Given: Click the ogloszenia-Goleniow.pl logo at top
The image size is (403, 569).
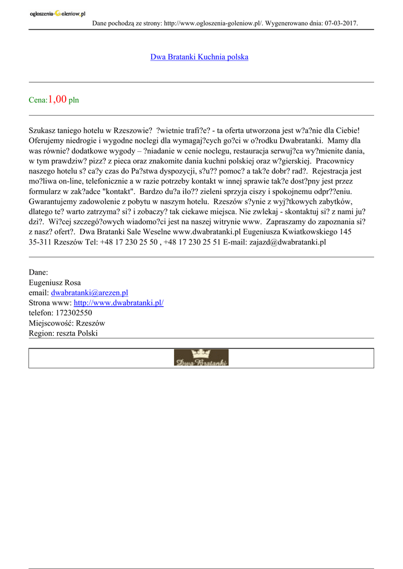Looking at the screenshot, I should point(57,14).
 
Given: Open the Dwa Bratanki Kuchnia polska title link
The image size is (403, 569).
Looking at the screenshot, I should point(199,57).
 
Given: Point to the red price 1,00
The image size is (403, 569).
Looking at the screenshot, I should point(57,99).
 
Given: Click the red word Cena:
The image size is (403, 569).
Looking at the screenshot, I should point(38,101).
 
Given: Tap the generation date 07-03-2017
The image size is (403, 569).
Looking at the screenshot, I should point(340,23).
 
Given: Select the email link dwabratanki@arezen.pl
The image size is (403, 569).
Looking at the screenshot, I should point(89,292).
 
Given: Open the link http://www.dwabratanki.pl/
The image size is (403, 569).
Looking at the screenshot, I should point(118,303).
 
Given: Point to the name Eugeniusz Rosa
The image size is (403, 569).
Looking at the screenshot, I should point(54,282).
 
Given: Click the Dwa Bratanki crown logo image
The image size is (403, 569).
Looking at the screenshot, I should point(201,357).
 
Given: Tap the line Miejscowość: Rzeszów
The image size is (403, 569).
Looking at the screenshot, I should point(67,323).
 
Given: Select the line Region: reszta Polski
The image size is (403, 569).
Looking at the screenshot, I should point(63,333).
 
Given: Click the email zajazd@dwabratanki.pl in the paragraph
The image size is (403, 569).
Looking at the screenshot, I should point(287,242).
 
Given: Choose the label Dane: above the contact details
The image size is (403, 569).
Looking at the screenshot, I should point(38,272).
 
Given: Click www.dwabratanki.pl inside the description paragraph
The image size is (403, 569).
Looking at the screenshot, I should point(207,232).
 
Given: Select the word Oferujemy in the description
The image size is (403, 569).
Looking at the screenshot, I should point(48,141).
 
